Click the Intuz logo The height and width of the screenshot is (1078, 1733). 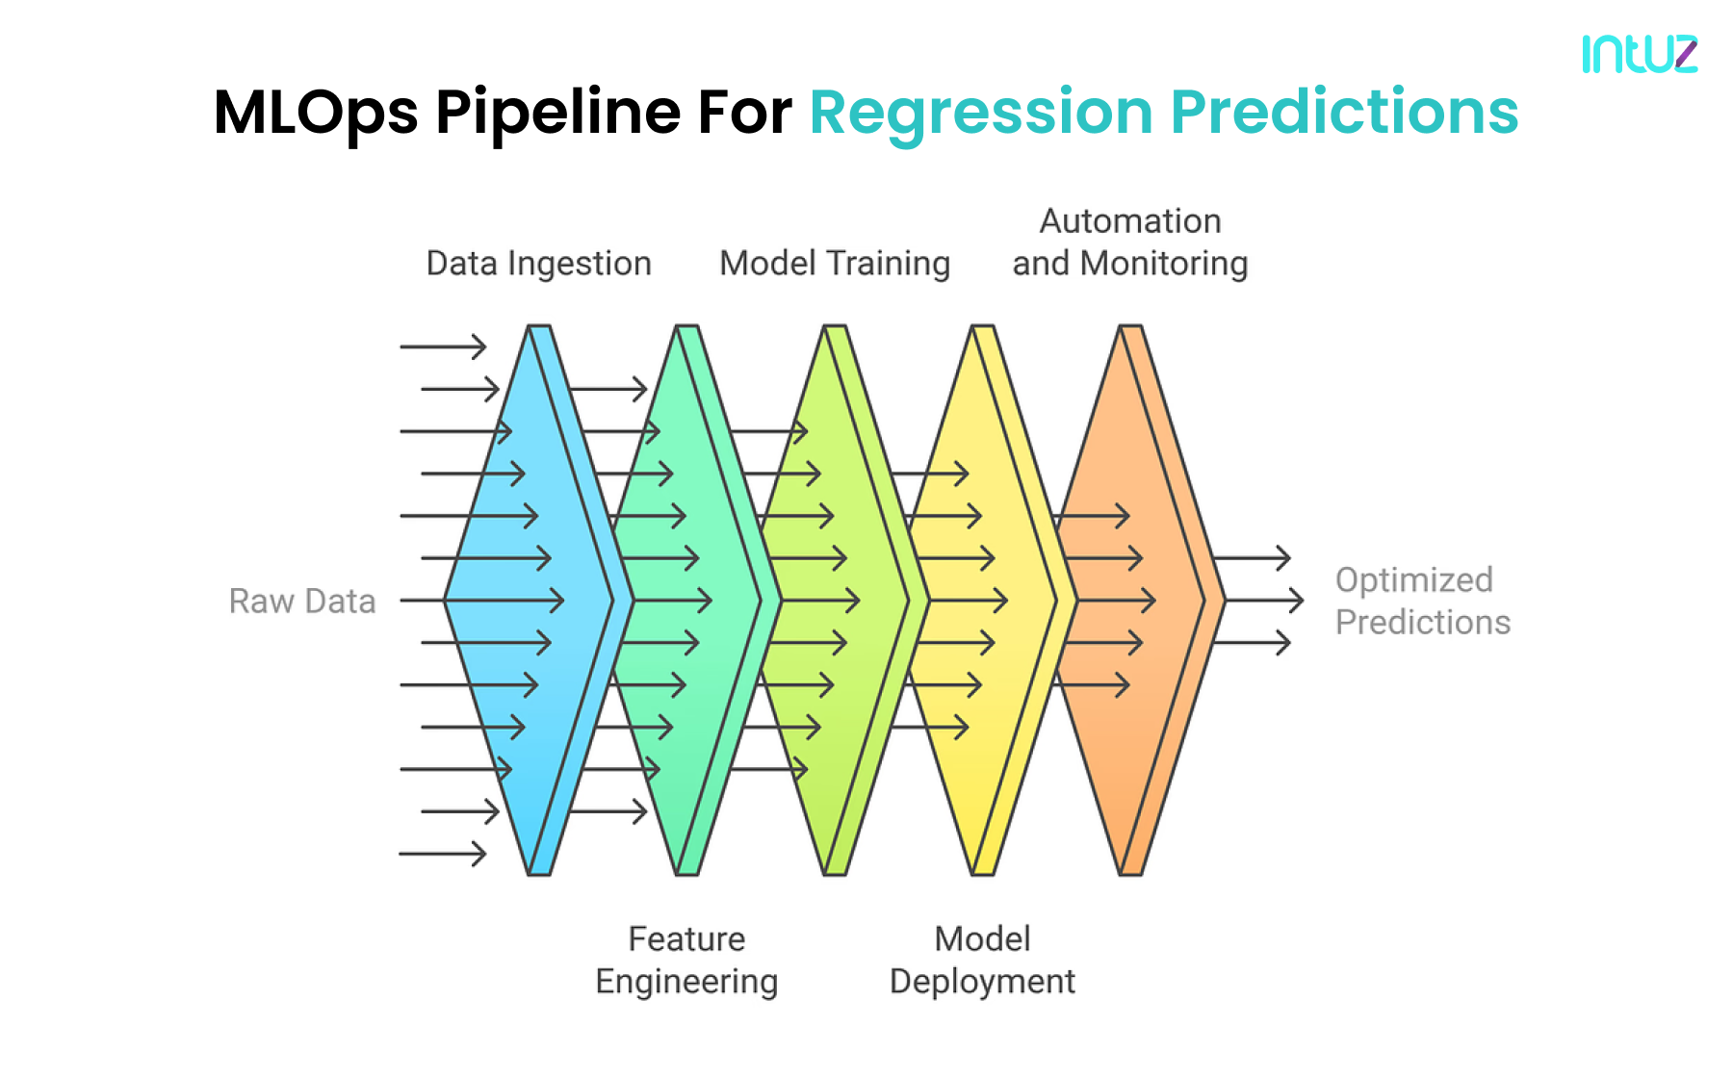point(1639,54)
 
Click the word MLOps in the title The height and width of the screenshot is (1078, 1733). point(315,113)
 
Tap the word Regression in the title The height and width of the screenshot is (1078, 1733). point(980,113)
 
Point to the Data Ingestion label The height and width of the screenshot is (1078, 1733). point(538,263)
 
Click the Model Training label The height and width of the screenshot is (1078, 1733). point(834,263)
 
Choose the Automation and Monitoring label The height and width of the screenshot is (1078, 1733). point(1129,243)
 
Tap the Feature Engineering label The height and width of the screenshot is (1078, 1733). point(686,960)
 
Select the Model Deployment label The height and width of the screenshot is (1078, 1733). point(982,960)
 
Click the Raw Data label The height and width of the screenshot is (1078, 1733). point(301,601)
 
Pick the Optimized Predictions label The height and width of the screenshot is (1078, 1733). point(1421,601)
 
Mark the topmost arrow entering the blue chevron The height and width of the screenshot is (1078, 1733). point(443,346)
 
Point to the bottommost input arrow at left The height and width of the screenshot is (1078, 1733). point(443,853)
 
